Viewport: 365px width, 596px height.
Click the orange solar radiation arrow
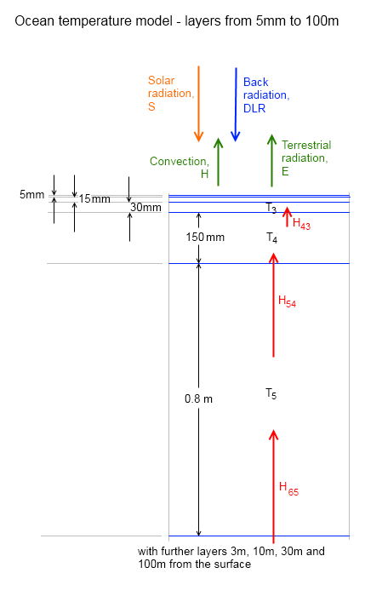point(198,103)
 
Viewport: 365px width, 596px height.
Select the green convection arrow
point(218,162)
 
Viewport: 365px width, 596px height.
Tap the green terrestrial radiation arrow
point(272,160)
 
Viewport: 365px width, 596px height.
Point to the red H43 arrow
point(287,217)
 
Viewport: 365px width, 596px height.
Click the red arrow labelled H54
point(273,306)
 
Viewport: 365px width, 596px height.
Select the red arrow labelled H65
point(273,485)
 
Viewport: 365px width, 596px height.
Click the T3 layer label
point(271,209)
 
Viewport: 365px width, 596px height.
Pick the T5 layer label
point(271,393)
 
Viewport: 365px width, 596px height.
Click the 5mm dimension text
point(31,195)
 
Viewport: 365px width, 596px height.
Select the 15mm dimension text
point(94,199)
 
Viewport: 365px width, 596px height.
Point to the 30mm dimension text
point(145,207)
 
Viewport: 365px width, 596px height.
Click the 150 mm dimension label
point(204,237)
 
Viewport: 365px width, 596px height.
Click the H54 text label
point(288,301)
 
